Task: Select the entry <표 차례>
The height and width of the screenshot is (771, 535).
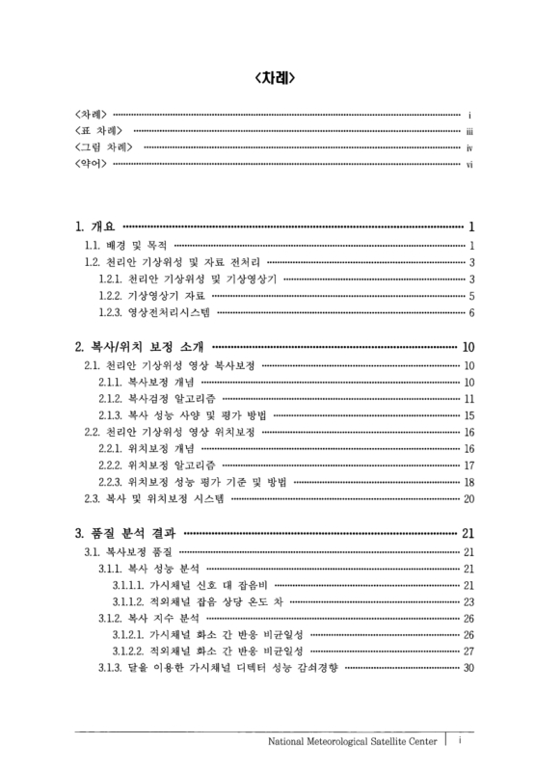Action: click(x=100, y=131)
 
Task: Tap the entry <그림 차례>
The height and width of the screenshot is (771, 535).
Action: click(x=104, y=147)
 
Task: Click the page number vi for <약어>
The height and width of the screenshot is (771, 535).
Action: click(x=468, y=165)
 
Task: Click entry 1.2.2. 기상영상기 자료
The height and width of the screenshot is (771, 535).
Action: click(x=150, y=296)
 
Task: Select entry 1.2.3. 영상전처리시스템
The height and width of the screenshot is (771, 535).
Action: click(x=154, y=313)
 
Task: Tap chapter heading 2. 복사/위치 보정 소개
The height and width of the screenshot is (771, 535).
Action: click(x=139, y=348)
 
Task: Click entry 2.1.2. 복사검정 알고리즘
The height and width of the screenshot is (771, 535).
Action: click(x=156, y=398)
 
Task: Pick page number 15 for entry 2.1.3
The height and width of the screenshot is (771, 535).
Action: click(x=469, y=415)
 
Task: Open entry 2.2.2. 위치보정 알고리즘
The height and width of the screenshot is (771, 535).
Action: click(x=156, y=465)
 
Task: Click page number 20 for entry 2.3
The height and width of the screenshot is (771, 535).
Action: click(x=469, y=498)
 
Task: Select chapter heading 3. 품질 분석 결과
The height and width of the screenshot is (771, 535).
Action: click(x=125, y=533)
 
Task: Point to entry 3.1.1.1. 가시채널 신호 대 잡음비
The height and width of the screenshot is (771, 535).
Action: click(x=188, y=584)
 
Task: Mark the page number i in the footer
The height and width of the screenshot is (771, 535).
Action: click(x=462, y=740)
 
